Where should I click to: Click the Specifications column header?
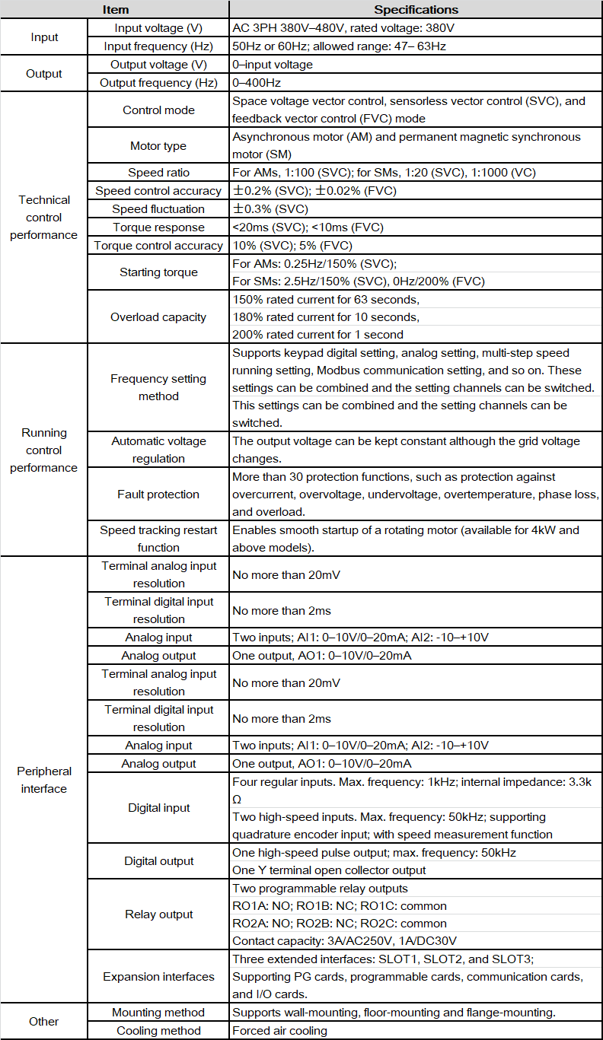click(x=416, y=10)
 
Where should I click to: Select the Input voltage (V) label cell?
click(x=158, y=28)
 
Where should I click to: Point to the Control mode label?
click(x=158, y=110)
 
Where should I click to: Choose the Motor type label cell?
click(x=158, y=146)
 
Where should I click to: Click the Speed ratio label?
click(x=158, y=173)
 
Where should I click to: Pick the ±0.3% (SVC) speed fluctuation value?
click(x=269, y=209)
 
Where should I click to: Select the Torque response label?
click(x=158, y=227)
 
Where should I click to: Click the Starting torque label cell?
click(x=158, y=272)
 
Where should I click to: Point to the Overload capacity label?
click(x=158, y=317)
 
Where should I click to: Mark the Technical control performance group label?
click(x=44, y=218)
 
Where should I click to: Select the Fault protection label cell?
click(x=158, y=495)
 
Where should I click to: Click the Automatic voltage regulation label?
click(x=158, y=450)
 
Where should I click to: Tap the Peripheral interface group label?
click(x=44, y=780)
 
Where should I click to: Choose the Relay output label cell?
click(x=158, y=914)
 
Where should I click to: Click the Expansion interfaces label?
click(x=158, y=977)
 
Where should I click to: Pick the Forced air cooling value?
click(x=279, y=1031)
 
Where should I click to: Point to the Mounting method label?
click(x=158, y=1013)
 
